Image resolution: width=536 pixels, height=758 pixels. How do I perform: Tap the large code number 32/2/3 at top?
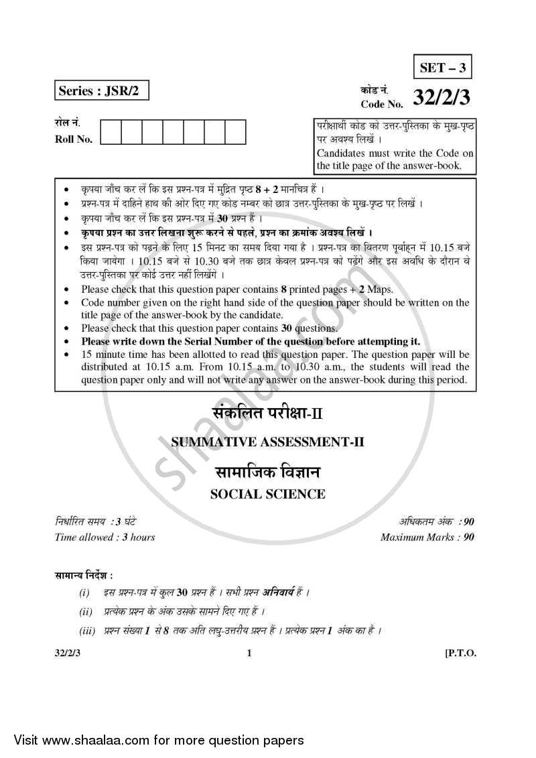pyautogui.click(x=442, y=99)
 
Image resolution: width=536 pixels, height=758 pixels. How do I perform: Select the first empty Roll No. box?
pyautogui.click(x=111, y=131)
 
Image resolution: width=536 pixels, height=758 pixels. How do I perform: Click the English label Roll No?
pyautogui.click(x=74, y=139)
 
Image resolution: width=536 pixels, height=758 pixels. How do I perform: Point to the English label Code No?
pyautogui.click(x=381, y=105)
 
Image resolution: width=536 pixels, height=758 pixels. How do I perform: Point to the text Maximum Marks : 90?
pyautogui.click(x=427, y=537)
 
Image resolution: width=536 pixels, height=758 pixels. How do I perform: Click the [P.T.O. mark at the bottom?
pyautogui.click(x=460, y=653)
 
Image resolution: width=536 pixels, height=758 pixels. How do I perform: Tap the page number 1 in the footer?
pyautogui.click(x=249, y=653)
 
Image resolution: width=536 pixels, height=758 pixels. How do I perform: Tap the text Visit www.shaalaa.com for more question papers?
pyautogui.click(x=153, y=741)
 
